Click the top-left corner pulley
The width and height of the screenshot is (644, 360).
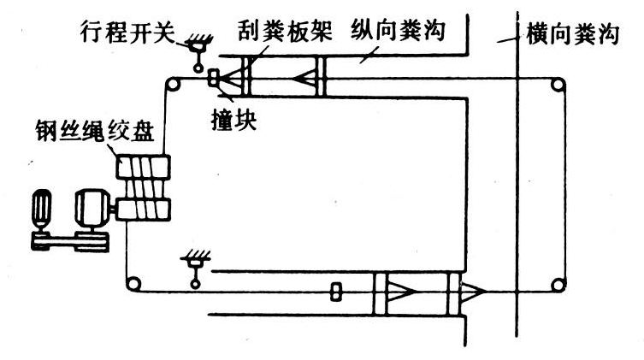[x=173, y=83]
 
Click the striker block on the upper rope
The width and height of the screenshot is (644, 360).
[x=214, y=78]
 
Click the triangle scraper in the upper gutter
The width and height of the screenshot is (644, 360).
[x=304, y=78]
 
